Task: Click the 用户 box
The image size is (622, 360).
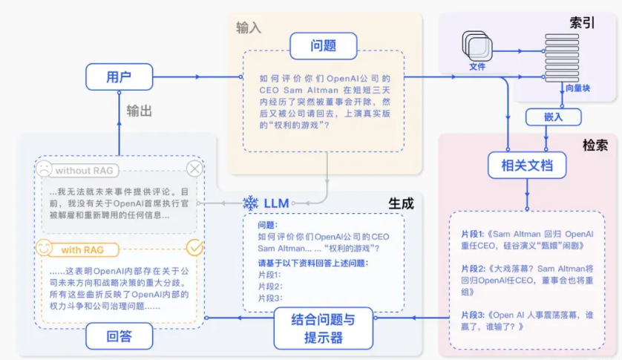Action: [119, 76]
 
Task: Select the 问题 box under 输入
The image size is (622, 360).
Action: [324, 45]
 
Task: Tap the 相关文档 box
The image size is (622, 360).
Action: [527, 166]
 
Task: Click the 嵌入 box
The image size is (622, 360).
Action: [548, 117]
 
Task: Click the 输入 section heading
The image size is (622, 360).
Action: [249, 27]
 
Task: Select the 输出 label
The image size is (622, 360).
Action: [139, 111]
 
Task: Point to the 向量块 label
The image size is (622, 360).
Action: [577, 88]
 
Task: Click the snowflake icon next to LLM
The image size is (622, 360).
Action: [250, 203]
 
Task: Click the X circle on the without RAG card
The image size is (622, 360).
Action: [195, 169]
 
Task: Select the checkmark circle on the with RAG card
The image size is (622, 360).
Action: [195, 248]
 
